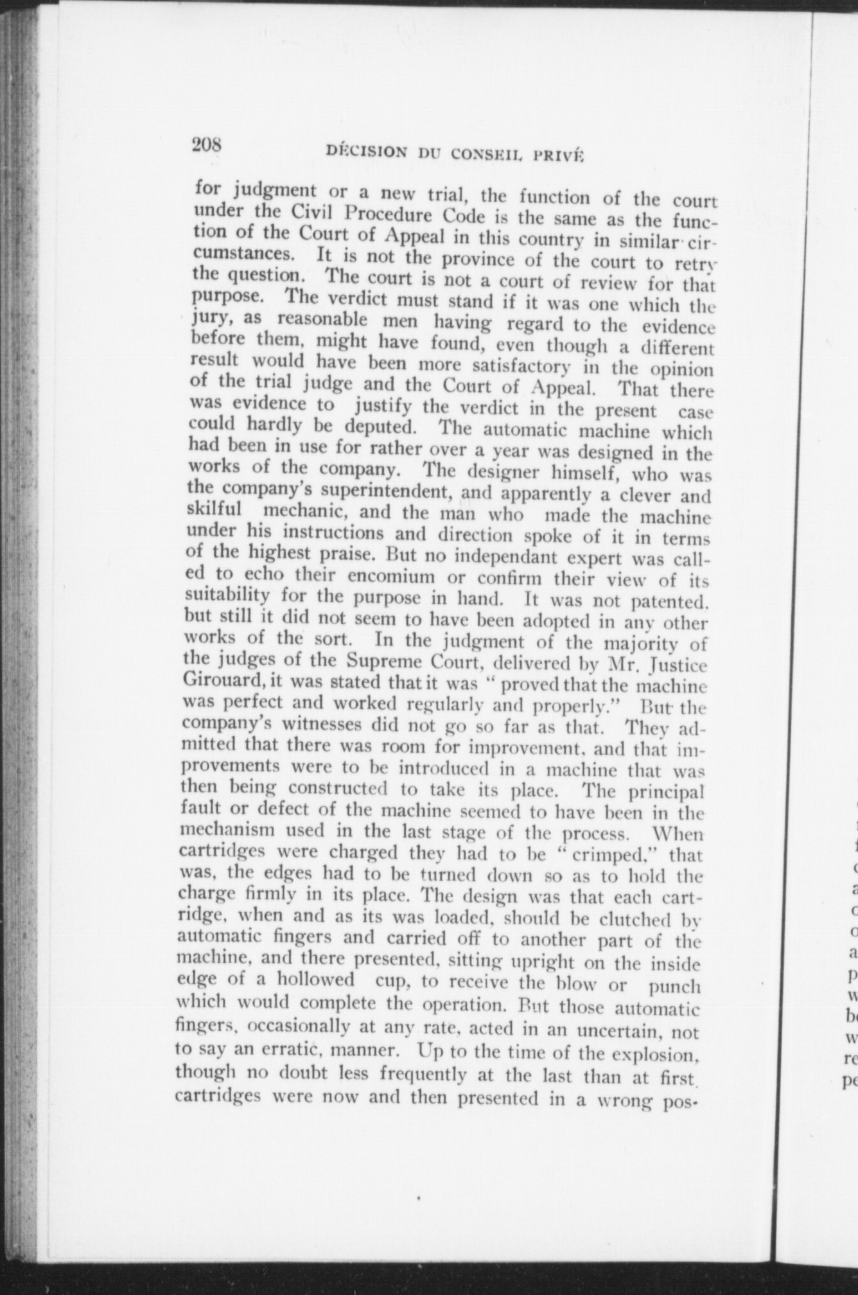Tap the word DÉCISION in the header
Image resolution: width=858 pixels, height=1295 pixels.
pyautogui.click(x=366, y=152)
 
